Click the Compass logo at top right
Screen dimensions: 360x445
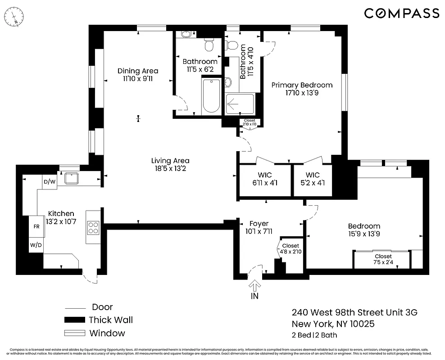coord(401,13)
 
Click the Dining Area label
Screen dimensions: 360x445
coord(138,75)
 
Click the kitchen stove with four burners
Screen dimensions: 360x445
coord(93,228)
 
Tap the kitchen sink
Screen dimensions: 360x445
coord(72,178)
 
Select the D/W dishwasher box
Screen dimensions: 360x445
coord(49,182)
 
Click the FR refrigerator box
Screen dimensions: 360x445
coord(36,227)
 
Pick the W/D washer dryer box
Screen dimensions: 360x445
coord(36,245)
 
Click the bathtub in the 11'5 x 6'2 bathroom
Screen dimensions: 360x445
coord(211,95)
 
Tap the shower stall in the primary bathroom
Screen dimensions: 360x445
coord(240,103)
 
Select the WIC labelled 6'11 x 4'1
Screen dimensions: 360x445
coord(265,179)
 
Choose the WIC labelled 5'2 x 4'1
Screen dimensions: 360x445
coord(313,179)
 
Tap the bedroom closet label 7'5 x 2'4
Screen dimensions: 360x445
coord(382,259)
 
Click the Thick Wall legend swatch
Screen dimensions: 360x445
coord(74,320)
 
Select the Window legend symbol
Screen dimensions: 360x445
coord(74,333)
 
